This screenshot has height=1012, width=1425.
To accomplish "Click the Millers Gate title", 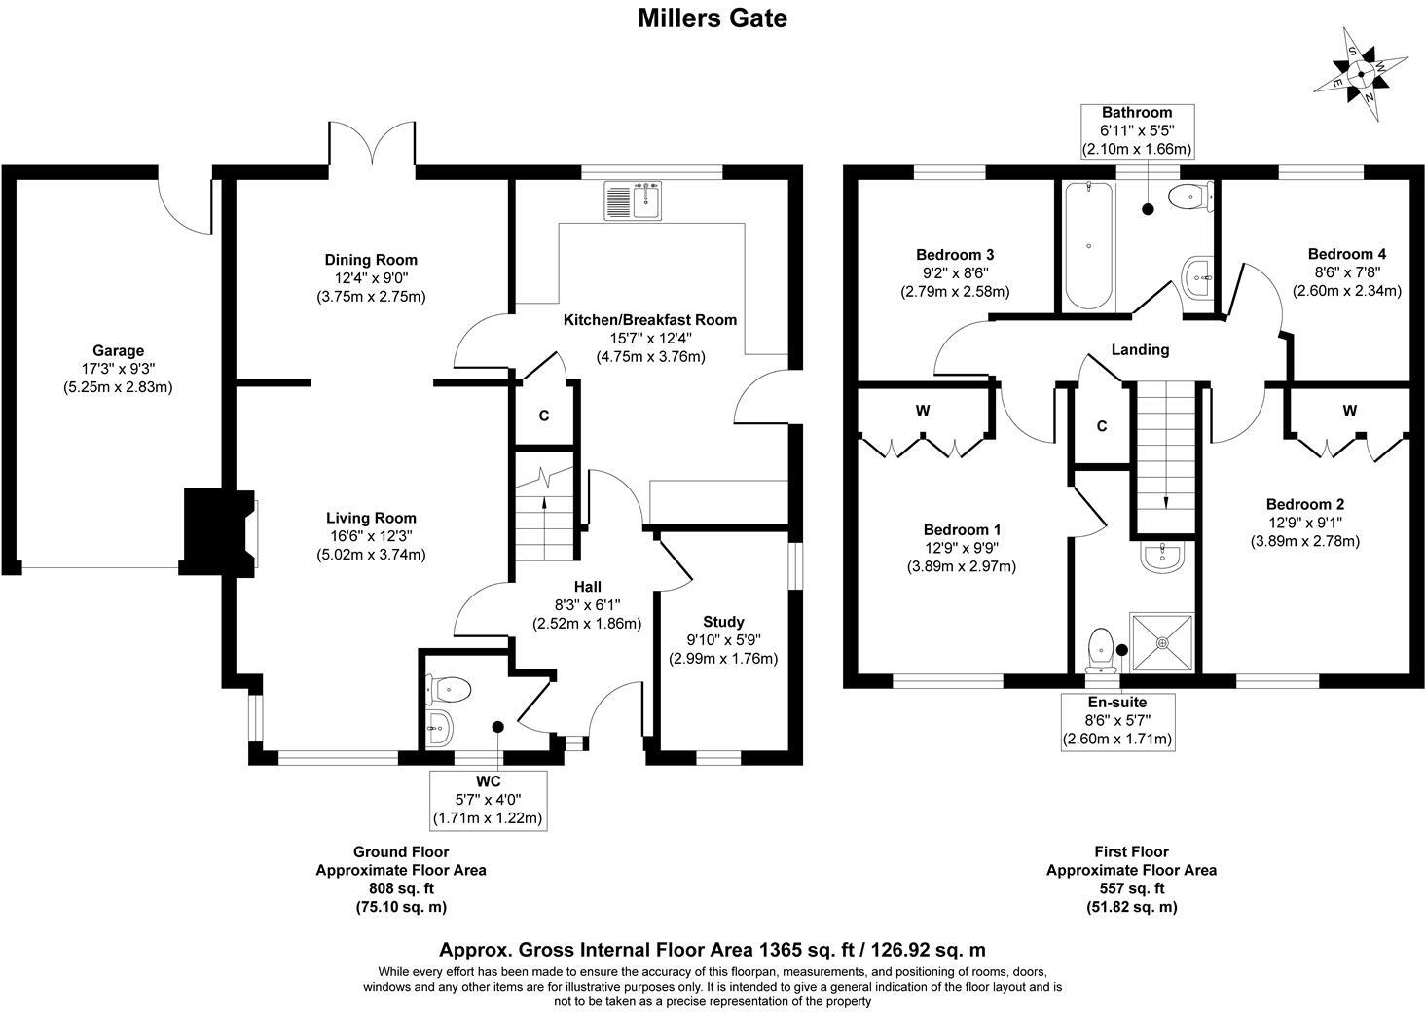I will [x=712, y=18].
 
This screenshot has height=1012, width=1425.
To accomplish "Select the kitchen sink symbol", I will [x=633, y=200].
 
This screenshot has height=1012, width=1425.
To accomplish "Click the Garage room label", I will [x=118, y=351].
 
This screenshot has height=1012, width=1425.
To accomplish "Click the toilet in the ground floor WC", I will [x=449, y=689].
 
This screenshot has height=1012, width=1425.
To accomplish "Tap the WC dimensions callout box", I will [x=488, y=800].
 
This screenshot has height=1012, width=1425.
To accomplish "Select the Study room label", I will [x=723, y=622].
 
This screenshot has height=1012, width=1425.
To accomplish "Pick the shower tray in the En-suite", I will [x=1161, y=642].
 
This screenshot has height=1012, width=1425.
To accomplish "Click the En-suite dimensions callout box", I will [x=1116, y=720].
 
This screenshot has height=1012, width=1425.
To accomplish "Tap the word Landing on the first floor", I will [x=1140, y=350].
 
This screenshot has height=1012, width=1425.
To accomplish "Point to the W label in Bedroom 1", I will [x=922, y=412].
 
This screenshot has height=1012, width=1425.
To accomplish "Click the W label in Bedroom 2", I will [x=1349, y=412].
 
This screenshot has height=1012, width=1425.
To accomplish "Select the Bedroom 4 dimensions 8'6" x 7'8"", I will [x=1346, y=272].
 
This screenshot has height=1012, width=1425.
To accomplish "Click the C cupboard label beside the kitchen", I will [x=544, y=416].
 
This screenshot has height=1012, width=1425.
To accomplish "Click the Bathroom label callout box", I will [x=1137, y=131].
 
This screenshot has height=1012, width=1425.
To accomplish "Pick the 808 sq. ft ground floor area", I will [x=400, y=888].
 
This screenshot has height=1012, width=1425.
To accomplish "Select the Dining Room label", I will [x=371, y=260].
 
